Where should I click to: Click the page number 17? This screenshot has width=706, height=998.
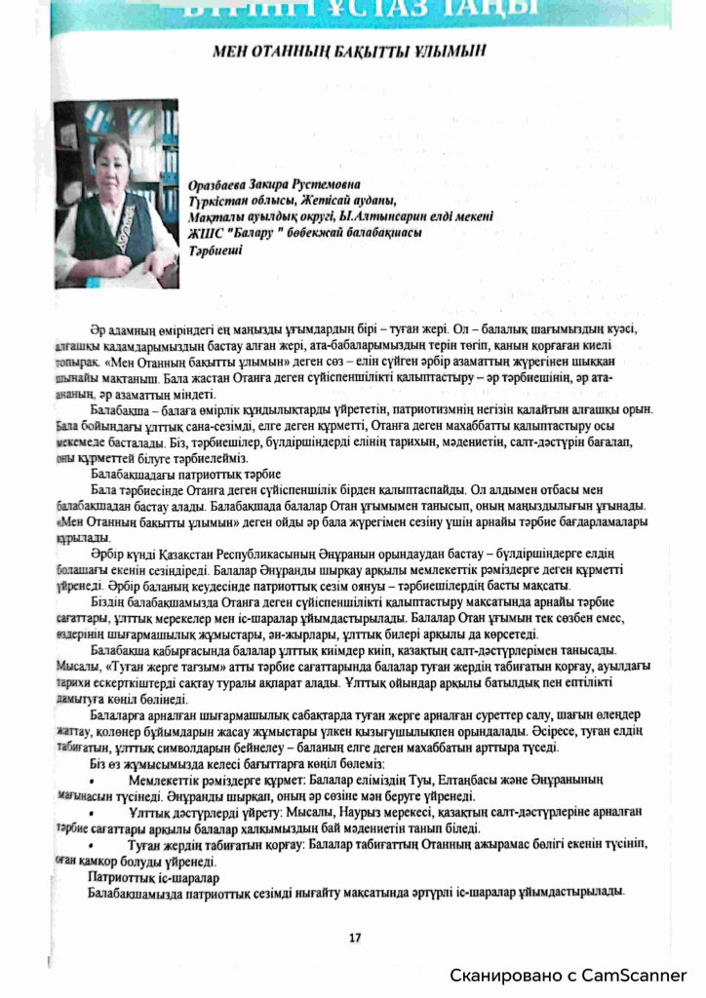click(x=355, y=938)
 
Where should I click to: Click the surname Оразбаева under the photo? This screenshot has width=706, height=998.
click(x=221, y=183)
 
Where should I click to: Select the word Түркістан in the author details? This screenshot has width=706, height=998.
click(x=217, y=201)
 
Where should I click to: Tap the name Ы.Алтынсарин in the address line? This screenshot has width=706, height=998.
click(x=366, y=217)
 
